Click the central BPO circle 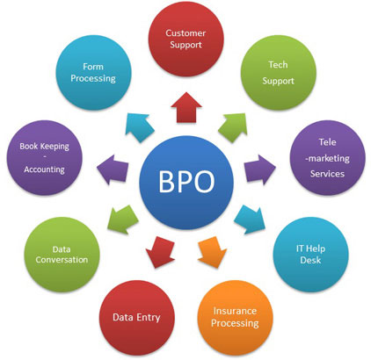(x=186, y=182)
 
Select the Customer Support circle (x=186, y=39)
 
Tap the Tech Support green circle (x=279, y=73)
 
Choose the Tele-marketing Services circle (x=328, y=158)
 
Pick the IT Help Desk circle (x=311, y=255)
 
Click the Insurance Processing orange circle (x=235, y=318)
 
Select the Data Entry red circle (x=137, y=318)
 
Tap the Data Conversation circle (x=62, y=255)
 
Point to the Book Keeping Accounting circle (x=45, y=158)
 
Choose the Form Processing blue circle (x=93, y=73)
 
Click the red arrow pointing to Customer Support (x=186, y=107)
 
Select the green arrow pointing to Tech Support (x=234, y=127)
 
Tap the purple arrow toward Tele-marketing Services (x=260, y=169)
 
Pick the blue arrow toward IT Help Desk (x=250, y=220)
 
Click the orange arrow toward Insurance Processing (x=213, y=252)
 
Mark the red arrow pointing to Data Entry (x=160, y=252)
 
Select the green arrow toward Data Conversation (x=123, y=220)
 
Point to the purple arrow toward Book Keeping (x=113, y=169)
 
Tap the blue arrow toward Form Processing (x=139, y=127)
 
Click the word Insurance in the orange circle (x=235, y=311)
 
